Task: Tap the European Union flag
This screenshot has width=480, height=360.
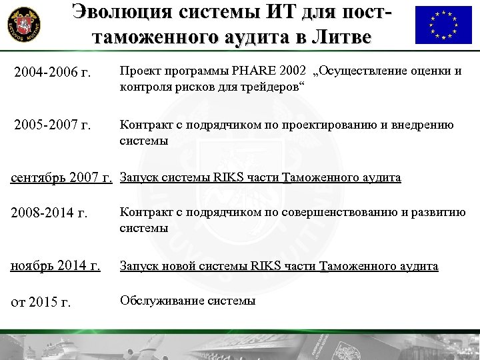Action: pyautogui.click(x=442, y=25)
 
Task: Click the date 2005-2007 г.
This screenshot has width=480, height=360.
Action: pyautogui.click(x=51, y=125)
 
